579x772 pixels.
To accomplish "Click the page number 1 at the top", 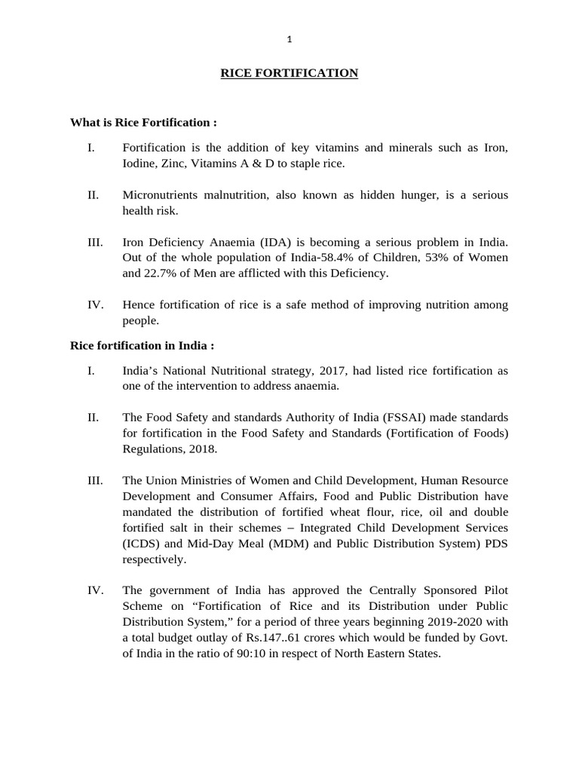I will coord(289,39).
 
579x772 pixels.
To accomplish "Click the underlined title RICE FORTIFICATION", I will coord(289,73).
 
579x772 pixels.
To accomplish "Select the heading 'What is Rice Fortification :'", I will coord(143,122).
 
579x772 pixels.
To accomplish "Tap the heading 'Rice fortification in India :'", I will coord(142,345).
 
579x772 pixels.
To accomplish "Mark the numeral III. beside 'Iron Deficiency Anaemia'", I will coord(95,242).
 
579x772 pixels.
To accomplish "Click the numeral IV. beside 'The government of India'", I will coord(95,590).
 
